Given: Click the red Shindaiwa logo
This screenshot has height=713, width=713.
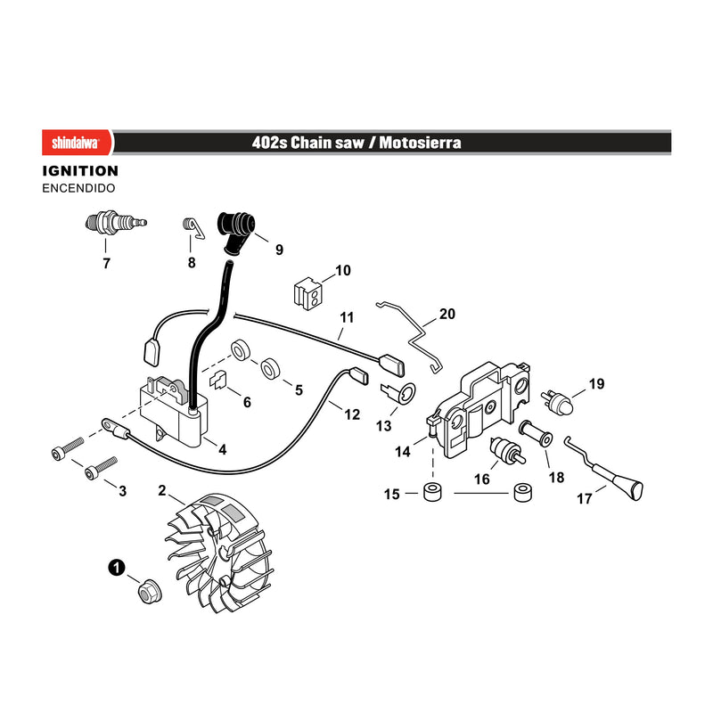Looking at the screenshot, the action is (77, 143).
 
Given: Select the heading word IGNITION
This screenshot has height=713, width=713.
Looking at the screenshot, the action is (80, 171).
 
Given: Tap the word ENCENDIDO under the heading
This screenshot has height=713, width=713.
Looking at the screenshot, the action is (78, 188).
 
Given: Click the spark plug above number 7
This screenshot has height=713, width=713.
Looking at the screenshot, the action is (116, 223).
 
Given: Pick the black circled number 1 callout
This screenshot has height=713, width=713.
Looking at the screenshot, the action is (117, 568).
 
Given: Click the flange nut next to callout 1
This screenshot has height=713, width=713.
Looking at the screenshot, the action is (150, 592).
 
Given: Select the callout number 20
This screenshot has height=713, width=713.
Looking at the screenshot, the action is (447, 314).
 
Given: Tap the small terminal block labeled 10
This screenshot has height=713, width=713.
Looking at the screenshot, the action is (307, 292).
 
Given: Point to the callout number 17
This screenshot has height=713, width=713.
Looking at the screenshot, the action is (585, 499).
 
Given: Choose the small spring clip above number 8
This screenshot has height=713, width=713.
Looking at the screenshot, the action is (193, 227).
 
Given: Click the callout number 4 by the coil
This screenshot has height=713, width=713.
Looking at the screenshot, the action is (222, 450).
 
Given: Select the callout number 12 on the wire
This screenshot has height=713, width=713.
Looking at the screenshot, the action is (352, 414).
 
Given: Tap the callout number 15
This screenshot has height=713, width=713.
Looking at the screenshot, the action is (391, 494).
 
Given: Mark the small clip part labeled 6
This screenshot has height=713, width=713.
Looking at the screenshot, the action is (217, 380).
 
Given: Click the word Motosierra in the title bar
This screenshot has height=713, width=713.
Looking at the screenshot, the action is (420, 143).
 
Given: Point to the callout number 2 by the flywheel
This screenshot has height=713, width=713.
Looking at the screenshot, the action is (162, 491).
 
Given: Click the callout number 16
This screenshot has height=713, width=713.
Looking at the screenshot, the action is (481, 479).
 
